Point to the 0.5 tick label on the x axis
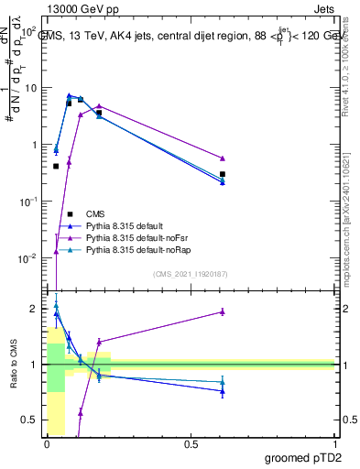191,444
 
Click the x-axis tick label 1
334,444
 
